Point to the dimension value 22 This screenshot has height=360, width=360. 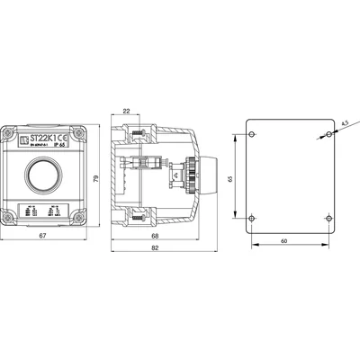pos(126,112)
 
